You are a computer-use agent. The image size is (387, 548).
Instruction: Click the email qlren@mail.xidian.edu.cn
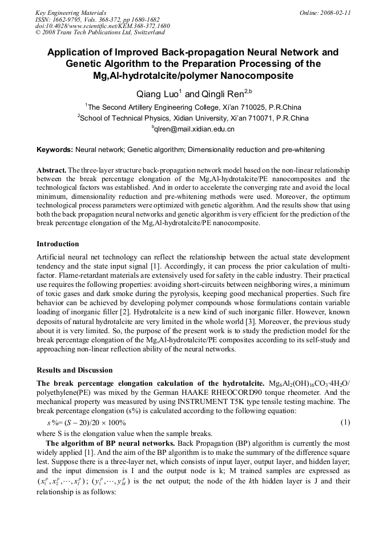click(x=194, y=129)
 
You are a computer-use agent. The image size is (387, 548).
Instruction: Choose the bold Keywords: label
click(x=55, y=150)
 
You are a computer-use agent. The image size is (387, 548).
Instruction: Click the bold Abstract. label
click(x=51, y=170)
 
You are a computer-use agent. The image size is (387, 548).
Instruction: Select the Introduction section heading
click(x=58, y=244)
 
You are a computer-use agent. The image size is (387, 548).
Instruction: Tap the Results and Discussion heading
click(x=74, y=370)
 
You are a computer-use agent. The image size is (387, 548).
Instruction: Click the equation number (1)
click(x=345, y=422)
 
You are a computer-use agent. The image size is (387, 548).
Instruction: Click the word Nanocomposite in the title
click(x=258, y=75)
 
